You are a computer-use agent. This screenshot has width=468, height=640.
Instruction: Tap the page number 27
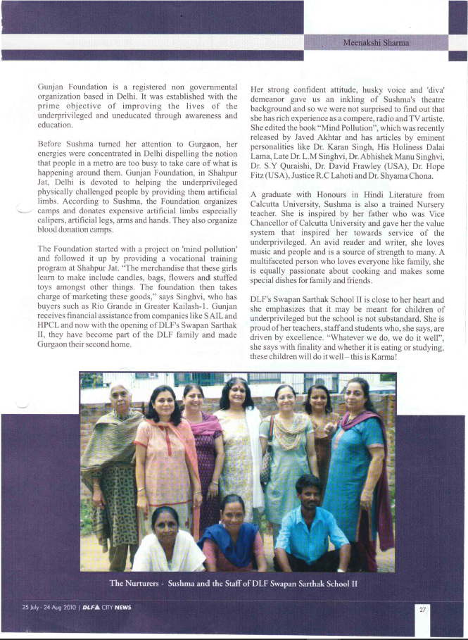pyautogui.click(x=422, y=609)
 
